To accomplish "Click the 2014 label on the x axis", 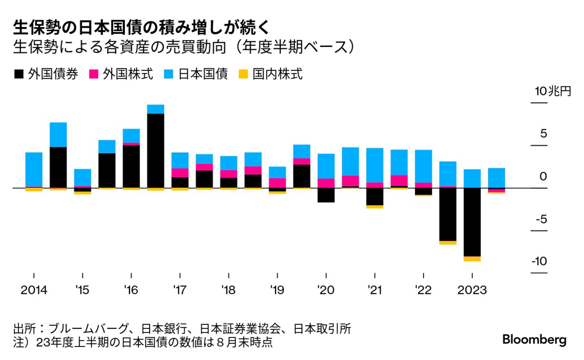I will pos(34,290).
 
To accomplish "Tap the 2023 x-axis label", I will pos(472,290).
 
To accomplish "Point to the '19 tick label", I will pos(277,290).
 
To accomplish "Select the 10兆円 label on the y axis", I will pos(553,91).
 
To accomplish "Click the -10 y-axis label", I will pos(539,261).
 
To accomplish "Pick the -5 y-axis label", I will pos(541,219).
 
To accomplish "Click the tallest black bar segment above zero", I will pos(155,151).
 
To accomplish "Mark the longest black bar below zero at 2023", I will pos(472,222).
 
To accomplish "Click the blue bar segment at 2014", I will pos(34,170).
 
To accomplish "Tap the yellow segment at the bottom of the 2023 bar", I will pos(472,259).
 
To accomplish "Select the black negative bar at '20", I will pos(326,195).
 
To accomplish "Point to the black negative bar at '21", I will pos(375,196).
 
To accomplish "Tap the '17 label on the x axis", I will pos(180,290).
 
